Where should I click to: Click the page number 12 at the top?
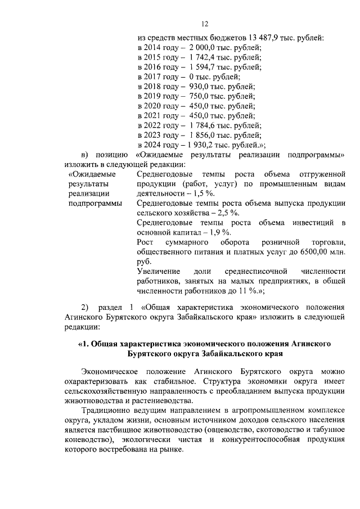pyautogui.click(x=205, y=23)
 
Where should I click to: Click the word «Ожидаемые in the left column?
pyautogui.click(x=92, y=174)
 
